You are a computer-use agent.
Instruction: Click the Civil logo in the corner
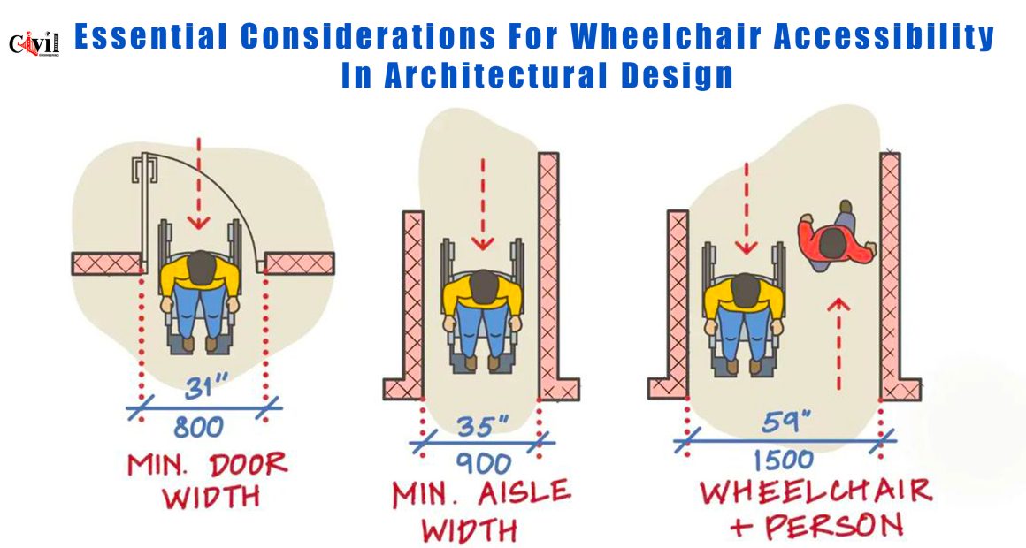pos(34,43)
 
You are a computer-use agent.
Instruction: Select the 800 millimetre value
pos(199,428)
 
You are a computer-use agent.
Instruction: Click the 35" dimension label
pos(483,426)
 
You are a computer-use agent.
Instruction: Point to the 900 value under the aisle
pos(483,464)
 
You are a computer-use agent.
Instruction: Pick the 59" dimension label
pos(785,421)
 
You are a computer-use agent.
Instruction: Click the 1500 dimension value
pos(784,460)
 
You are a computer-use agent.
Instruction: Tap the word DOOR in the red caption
pos(248,465)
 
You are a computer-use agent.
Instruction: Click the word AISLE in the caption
pos(524,493)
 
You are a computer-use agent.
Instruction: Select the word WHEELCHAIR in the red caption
pos(816,491)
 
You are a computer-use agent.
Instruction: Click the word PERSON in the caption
pos(834,525)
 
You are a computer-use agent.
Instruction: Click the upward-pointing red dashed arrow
pos(838,343)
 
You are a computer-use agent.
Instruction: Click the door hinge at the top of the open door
pos(143,169)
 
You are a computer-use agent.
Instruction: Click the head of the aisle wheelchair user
pos(484,286)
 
